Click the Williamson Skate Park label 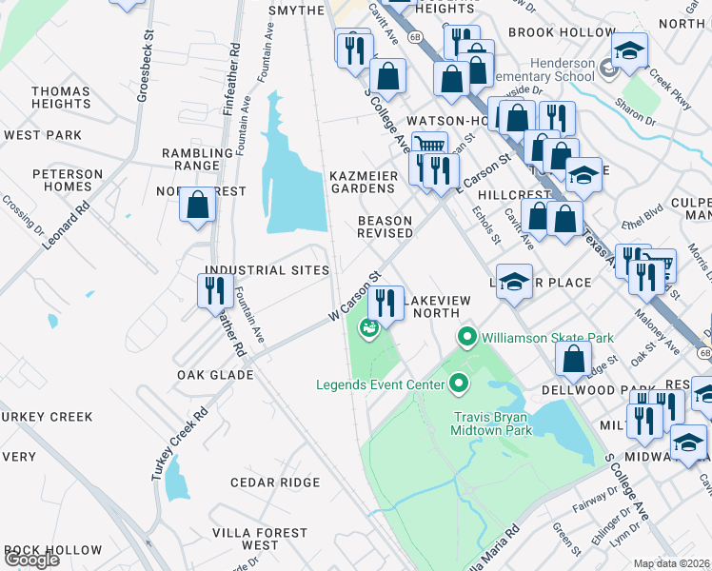point(547,338)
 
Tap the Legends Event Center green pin point(459,384)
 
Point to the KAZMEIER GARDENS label point(362,182)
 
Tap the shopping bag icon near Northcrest point(197,207)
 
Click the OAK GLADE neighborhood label point(215,375)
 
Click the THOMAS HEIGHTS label point(61,97)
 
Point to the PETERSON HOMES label point(68,180)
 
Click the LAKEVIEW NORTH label point(437,306)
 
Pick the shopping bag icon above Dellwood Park point(573,359)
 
